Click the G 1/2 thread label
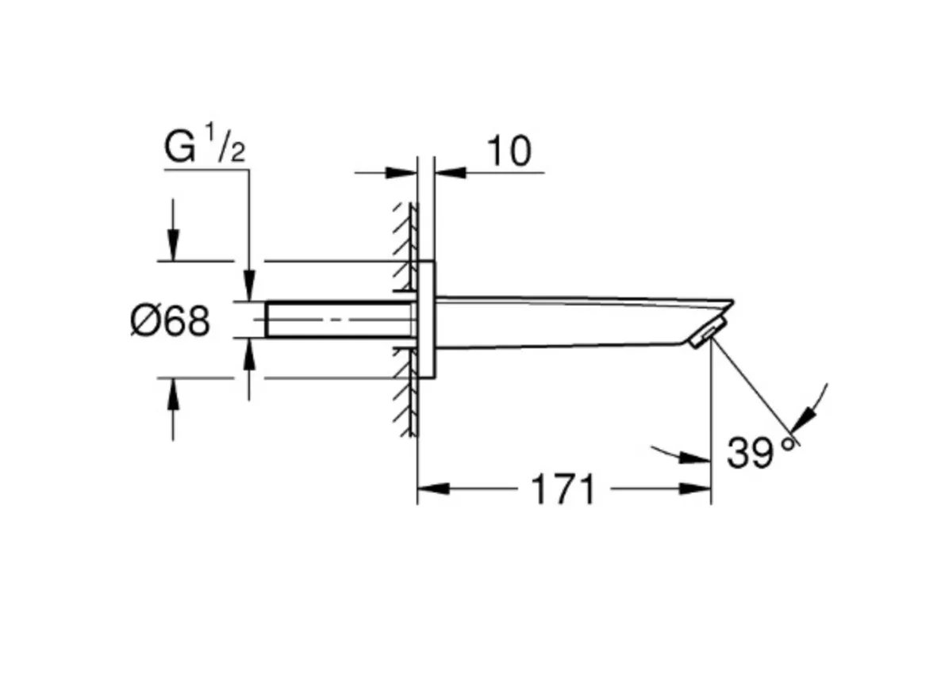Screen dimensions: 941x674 tap(205, 144)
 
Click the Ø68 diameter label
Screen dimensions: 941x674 tap(171, 321)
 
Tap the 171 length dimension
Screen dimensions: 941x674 tap(563, 489)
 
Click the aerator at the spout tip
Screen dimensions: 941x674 tap(709, 333)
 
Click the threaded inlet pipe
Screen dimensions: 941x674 tap(340, 320)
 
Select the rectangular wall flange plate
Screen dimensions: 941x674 tap(425, 319)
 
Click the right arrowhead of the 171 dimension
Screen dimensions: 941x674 tap(695, 488)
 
